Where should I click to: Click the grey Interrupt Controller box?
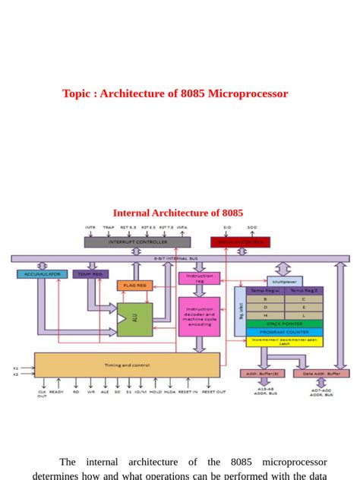137,242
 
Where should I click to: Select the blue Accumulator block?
42,274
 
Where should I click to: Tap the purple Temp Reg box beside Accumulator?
90,274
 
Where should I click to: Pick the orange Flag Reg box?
134,286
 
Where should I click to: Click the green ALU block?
134,319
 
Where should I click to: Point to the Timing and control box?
127,365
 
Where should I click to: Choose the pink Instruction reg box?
199,279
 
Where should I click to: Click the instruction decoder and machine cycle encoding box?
199,316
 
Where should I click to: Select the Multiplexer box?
284,281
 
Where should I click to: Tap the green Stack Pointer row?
284,324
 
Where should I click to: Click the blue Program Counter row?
284,332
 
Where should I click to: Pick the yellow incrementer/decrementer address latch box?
284,342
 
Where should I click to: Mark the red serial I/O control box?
240,242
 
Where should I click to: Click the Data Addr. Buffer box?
321,374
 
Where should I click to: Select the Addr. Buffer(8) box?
263,374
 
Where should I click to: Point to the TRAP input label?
109,227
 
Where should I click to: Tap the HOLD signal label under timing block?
156,392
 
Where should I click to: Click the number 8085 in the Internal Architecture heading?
231,213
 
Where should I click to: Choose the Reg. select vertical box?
241,311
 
